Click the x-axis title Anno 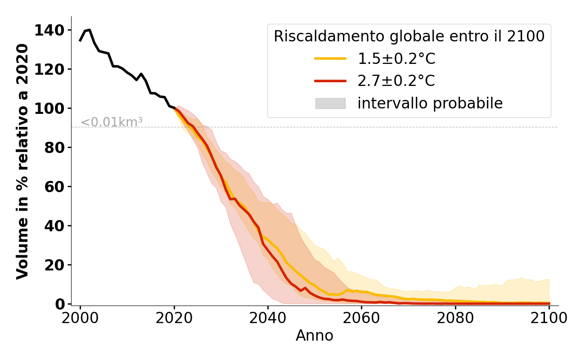[x=315, y=336]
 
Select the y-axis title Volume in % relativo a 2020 [x=22, y=161]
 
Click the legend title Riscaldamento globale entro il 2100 [x=409, y=36]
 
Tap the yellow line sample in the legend [x=330, y=58]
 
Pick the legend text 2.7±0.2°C [x=396, y=81]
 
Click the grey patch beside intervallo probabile [x=330, y=103]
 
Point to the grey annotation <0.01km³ [x=112, y=122]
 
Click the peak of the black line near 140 [x=90, y=30]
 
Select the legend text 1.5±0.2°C [x=396, y=58]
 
